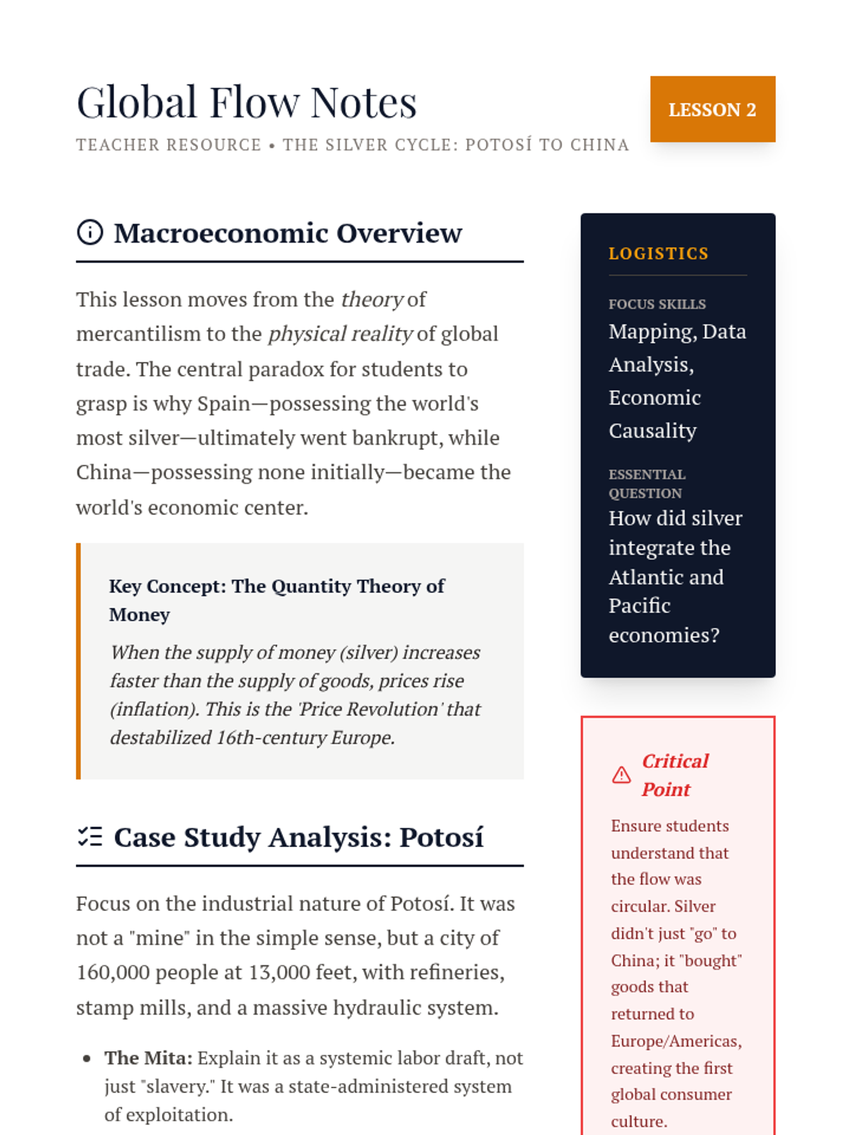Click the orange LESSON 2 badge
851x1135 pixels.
coord(712,109)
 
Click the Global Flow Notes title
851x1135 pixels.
coord(246,102)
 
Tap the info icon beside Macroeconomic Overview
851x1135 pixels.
coord(90,232)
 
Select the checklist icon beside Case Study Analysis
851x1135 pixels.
coord(90,837)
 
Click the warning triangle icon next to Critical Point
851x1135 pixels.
coord(621,775)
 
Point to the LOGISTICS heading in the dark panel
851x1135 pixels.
coord(658,253)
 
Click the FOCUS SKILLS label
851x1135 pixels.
coord(657,304)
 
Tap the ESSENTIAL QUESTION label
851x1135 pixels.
coord(647,483)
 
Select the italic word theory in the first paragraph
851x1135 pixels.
coord(372,299)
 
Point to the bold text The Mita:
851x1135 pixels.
coord(148,1058)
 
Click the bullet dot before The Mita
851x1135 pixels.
coord(87,1058)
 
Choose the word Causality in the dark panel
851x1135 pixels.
coord(652,431)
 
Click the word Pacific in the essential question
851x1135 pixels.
coord(639,606)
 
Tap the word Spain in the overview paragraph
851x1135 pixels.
coord(223,404)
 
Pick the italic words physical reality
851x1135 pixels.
coord(340,334)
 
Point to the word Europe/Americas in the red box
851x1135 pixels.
coord(676,1041)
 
